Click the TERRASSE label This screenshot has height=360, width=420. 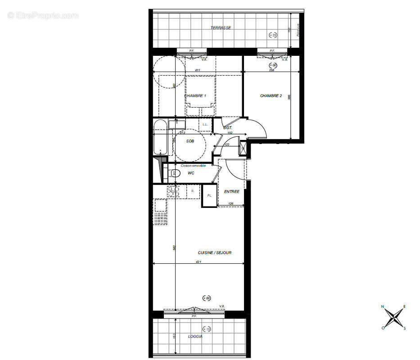tap(221, 28)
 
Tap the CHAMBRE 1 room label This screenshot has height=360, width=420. tap(195, 96)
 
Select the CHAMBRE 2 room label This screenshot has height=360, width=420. tap(271, 96)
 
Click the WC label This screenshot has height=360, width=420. tap(191, 173)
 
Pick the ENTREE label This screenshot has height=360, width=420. tap(231, 192)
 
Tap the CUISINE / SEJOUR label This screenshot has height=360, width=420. tap(214, 253)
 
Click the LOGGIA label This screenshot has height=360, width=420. tap(195, 337)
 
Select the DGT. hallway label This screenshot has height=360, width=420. tap(228, 128)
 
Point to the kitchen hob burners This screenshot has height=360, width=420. tap(173, 191)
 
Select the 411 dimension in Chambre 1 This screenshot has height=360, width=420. tap(197, 70)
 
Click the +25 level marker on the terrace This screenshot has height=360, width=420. tap(273, 35)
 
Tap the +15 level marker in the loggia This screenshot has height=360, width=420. tap(207, 329)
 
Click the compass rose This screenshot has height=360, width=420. tap(394, 317)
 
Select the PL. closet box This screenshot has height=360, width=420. tap(209, 196)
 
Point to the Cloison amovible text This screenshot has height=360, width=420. tap(193, 166)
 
